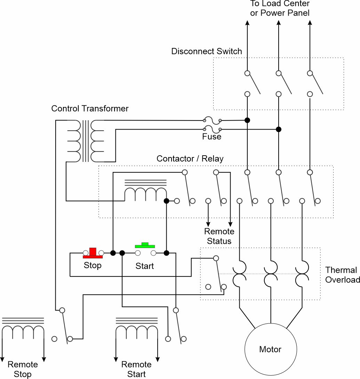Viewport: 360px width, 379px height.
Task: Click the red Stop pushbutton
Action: point(93,253)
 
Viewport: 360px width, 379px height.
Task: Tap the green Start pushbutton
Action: point(145,246)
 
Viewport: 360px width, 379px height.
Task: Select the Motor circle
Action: point(271,349)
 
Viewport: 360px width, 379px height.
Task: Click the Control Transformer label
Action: point(90,108)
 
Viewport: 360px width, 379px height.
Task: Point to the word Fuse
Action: point(212,137)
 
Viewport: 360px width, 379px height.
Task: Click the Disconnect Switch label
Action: point(207,51)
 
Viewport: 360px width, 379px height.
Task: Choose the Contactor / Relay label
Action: point(190,158)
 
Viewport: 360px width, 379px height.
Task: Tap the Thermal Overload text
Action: point(342,275)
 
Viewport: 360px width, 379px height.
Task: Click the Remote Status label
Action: point(219,236)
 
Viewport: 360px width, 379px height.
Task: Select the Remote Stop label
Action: point(23,369)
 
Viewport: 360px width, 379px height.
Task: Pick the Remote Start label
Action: point(136,369)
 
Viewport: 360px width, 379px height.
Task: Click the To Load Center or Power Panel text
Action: point(280,8)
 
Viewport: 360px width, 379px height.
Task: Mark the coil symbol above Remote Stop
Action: point(23,329)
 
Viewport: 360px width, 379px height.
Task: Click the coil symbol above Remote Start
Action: point(137,329)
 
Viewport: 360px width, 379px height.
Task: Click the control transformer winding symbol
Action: point(86,141)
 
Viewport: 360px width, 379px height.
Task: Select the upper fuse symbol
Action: point(212,120)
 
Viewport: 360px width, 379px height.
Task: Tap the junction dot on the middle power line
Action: point(279,129)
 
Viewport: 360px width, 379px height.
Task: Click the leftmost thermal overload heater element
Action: point(240,274)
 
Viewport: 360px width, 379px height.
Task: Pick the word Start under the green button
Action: point(145,266)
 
